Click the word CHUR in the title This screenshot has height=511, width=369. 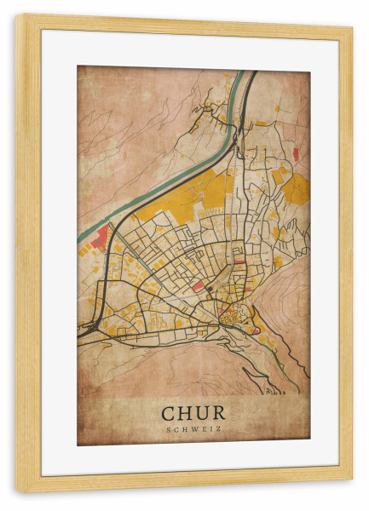coord(193,412)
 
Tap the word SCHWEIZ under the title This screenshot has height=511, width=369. coord(193,428)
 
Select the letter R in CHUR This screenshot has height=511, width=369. coord(219,412)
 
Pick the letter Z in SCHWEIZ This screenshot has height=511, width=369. coord(219,428)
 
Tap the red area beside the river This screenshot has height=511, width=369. coord(101,235)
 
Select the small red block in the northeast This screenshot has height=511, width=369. coord(296,153)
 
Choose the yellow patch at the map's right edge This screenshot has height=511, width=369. coord(297,189)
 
